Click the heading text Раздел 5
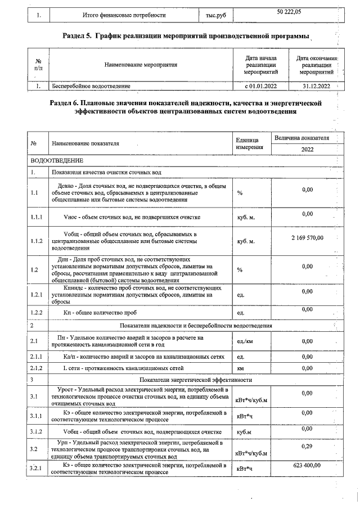(78, 37)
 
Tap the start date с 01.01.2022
(261, 86)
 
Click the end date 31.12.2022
(316, 86)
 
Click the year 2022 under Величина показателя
(307, 150)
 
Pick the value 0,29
(307, 446)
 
